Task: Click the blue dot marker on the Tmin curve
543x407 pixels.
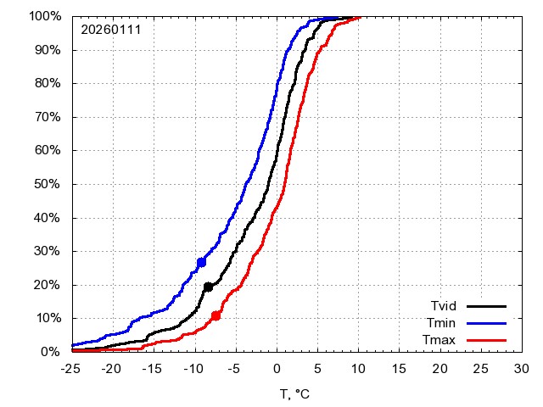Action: click(x=201, y=262)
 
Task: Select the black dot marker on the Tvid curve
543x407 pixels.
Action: click(x=208, y=287)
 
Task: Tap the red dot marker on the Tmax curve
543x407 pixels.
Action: click(x=216, y=315)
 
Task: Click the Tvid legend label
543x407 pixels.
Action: click(x=445, y=306)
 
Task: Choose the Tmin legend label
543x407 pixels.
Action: click(x=445, y=323)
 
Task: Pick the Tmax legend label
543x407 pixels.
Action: click(x=443, y=340)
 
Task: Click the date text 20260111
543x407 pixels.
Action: click(x=111, y=30)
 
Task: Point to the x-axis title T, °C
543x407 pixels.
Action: click(x=296, y=393)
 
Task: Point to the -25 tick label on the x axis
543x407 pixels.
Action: click(x=72, y=369)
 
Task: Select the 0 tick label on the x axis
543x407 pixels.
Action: click(x=277, y=369)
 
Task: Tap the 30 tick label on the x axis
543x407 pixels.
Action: click(x=522, y=369)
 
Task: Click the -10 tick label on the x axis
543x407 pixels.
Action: click(x=194, y=369)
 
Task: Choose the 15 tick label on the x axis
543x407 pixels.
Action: click(x=399, y=369)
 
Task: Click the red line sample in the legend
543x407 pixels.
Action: click(x=487, y=340)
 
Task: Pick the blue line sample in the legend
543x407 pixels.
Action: click(x=487, y=323)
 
